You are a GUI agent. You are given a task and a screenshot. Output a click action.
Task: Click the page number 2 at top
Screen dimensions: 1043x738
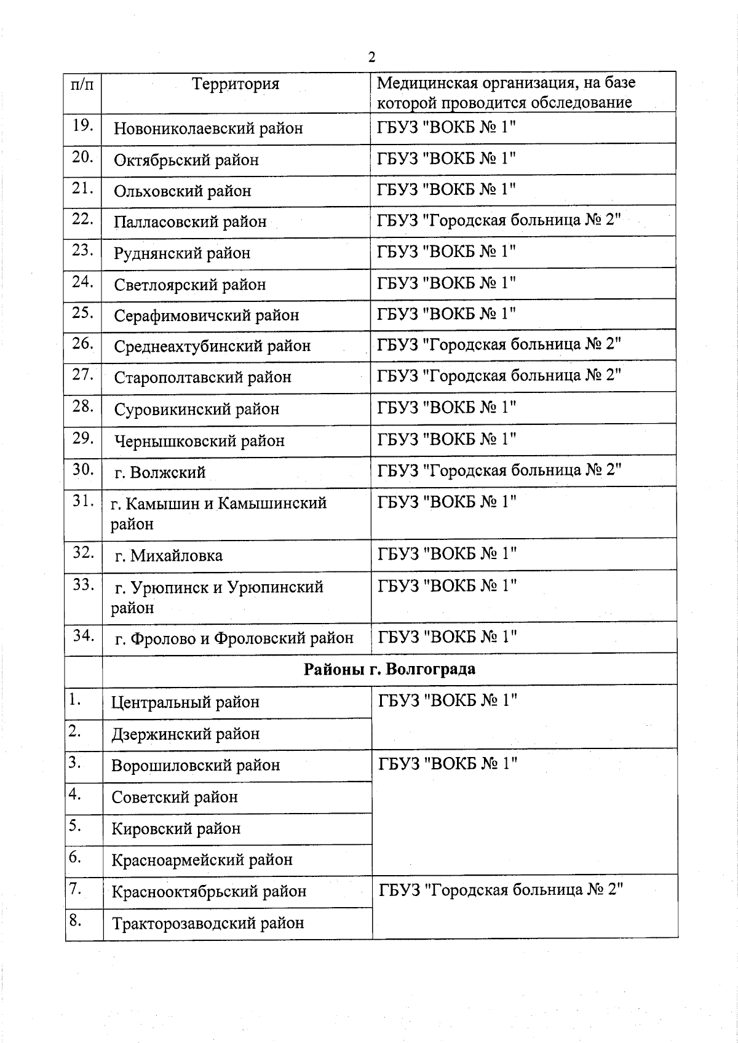click(371, 57)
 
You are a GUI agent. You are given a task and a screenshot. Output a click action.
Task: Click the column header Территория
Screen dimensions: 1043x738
click(236, 84)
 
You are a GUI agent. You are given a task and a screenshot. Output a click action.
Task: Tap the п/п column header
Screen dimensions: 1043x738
click(82, 84)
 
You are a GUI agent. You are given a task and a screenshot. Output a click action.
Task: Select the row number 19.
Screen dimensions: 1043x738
click(82, 125)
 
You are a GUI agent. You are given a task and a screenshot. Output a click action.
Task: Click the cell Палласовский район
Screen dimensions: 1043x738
click(190, 222)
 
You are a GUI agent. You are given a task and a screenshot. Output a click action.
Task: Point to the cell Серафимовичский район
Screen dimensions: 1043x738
click(207, 315)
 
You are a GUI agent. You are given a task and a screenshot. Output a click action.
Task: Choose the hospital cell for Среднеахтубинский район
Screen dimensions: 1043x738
click(499, 344)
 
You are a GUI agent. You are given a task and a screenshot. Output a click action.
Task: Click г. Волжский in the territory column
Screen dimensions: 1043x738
click(160, 473)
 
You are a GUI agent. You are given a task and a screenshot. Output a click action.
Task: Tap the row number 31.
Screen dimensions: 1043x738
click(82, 501)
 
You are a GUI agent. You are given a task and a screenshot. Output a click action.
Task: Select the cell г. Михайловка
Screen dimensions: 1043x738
click(169, 556)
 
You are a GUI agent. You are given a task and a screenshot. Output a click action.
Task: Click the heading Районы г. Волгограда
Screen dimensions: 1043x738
click(389, 669)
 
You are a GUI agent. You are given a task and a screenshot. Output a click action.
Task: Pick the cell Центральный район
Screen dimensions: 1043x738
click(185, 702)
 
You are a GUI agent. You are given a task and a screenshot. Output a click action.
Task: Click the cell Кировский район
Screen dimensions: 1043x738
click(176, 829)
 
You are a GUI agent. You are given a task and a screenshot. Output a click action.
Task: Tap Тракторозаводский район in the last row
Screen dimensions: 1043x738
click(208, 923)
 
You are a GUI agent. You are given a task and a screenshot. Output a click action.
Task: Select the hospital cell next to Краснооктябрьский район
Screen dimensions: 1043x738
click(501, 890)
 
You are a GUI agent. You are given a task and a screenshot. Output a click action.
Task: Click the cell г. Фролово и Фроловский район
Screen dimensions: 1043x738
click(234, 639)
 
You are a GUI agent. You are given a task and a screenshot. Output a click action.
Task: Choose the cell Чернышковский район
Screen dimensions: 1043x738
click(199, 441)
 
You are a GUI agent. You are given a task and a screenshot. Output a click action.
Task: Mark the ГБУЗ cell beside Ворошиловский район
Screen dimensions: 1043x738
click(448, 764)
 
